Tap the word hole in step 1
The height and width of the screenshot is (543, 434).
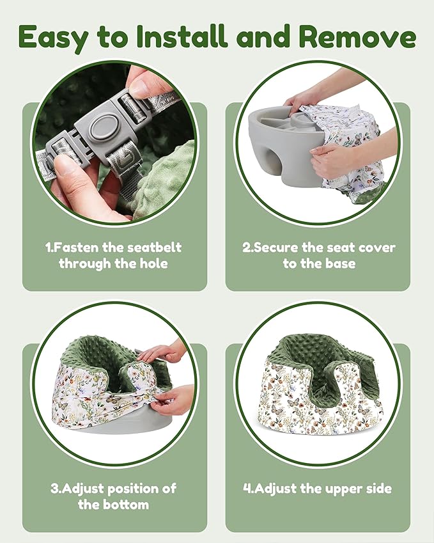pyautogui.click(x=153, y=264)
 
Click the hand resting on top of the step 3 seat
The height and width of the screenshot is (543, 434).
pyautogui.click(x=162, y=352)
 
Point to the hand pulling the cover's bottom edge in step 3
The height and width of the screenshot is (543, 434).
pyautogui.click(x=173, y=399)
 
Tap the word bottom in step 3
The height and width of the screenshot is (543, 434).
pyautogui.click(x=126, y=505)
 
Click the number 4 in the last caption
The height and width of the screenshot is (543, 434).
pyautogui.click(x=247, y=489)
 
